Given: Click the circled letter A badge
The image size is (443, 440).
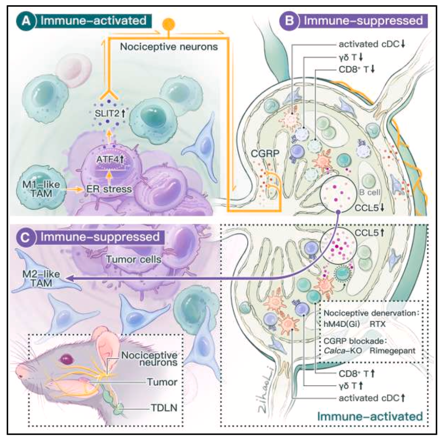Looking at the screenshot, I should point(27,21).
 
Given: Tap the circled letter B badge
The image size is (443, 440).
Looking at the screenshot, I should point(289,21).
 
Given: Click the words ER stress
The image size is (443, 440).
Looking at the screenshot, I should point(109,189).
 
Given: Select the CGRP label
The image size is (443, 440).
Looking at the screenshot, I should point(265,153).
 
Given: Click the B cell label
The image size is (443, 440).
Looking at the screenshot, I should point(369,192).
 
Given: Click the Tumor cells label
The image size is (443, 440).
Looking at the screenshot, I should point(133,259).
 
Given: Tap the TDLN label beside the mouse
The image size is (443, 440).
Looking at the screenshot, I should point(164,408).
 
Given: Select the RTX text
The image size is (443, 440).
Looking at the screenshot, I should point(377,324).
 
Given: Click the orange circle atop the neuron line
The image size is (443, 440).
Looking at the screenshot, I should point(169,24).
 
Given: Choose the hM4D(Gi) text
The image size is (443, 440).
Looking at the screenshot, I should point(342,324).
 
